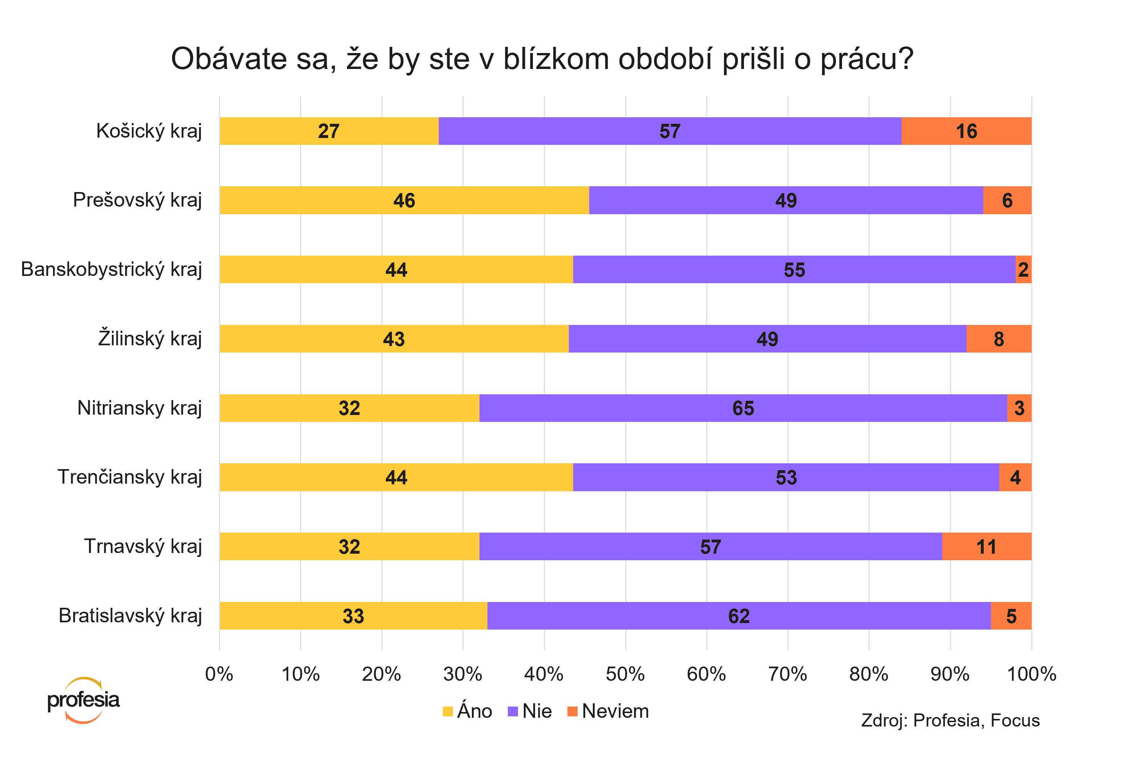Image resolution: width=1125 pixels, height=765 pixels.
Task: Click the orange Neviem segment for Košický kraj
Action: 966,131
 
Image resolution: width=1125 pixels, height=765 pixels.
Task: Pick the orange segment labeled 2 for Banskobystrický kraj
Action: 1023,269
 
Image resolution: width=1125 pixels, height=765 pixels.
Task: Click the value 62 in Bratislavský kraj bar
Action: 739,616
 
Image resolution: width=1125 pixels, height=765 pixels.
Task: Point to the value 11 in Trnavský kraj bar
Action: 986,547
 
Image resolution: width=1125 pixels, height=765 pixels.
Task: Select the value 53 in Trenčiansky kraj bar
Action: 786,477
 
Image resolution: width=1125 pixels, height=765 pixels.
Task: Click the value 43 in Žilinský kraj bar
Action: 393,339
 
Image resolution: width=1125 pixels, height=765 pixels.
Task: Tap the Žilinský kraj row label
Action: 150,338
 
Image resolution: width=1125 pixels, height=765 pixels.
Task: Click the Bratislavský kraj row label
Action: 130,615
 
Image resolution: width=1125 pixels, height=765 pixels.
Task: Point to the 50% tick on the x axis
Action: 625,674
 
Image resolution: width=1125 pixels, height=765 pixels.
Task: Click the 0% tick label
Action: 219,674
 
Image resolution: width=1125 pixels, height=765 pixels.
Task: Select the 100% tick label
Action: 1031,674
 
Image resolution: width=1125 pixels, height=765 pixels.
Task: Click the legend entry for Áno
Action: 468,711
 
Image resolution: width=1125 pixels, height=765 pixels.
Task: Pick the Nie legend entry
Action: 530,711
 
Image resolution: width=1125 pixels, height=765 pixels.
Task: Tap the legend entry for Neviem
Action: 608,711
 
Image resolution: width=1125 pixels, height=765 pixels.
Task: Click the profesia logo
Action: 83,700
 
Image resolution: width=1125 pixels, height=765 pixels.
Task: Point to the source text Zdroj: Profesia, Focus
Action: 950,720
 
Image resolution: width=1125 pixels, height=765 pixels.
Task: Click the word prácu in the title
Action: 866,59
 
